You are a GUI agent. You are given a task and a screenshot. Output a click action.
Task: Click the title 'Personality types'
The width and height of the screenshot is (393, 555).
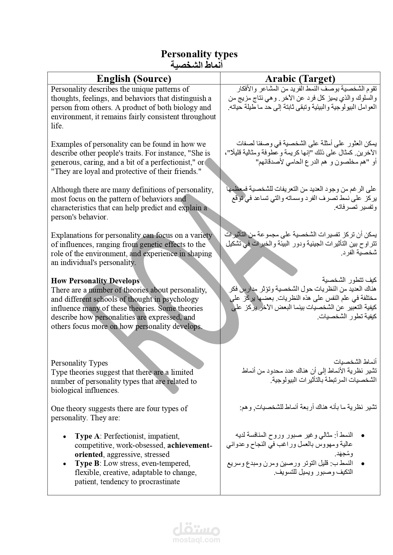tap(199, 54)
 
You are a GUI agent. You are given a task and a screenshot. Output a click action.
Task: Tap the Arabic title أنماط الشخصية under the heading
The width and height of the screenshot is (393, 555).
tap(197, 65)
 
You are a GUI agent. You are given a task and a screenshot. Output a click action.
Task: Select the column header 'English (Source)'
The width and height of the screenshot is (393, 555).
tap(134, 78)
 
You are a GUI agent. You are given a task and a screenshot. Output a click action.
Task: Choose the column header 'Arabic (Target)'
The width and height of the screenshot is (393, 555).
tap(300, 78)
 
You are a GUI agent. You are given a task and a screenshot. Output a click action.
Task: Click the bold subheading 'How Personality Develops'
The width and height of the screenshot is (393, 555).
tap(95, 281)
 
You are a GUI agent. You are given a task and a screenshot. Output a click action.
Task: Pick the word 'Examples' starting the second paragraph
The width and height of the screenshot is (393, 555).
tap(65, 144)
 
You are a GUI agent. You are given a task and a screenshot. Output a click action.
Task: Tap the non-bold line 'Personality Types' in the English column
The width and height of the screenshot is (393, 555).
tap(79, 363)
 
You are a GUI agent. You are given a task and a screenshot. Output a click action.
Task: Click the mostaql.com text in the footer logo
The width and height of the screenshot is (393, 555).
tap(196, 540)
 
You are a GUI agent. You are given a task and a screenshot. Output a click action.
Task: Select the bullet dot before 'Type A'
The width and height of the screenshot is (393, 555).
tap(65, 437)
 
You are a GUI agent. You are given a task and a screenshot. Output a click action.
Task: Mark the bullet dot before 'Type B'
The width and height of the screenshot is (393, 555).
tap(65, 464)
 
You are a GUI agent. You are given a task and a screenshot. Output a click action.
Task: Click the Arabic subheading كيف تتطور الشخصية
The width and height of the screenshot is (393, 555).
tap(349, 280)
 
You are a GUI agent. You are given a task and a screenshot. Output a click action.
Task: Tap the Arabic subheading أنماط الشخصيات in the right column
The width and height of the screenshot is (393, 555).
tap(355, 361)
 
